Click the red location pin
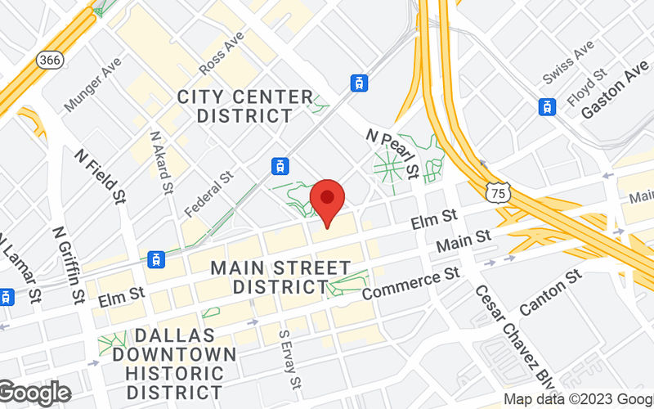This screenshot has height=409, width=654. pyautogui.click(x=328, y=200)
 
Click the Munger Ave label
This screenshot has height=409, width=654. pyautogui.click(x=92, y=84)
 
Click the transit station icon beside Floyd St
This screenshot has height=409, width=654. pyautogui.click(x=545, y=106)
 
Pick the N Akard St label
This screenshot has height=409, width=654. pyautogui.click(x=161, y=162)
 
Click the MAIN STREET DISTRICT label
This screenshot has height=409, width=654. pyautogui.click(x=280, y=277)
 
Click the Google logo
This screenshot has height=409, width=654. pyautogui.click(x=34, y=393)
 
